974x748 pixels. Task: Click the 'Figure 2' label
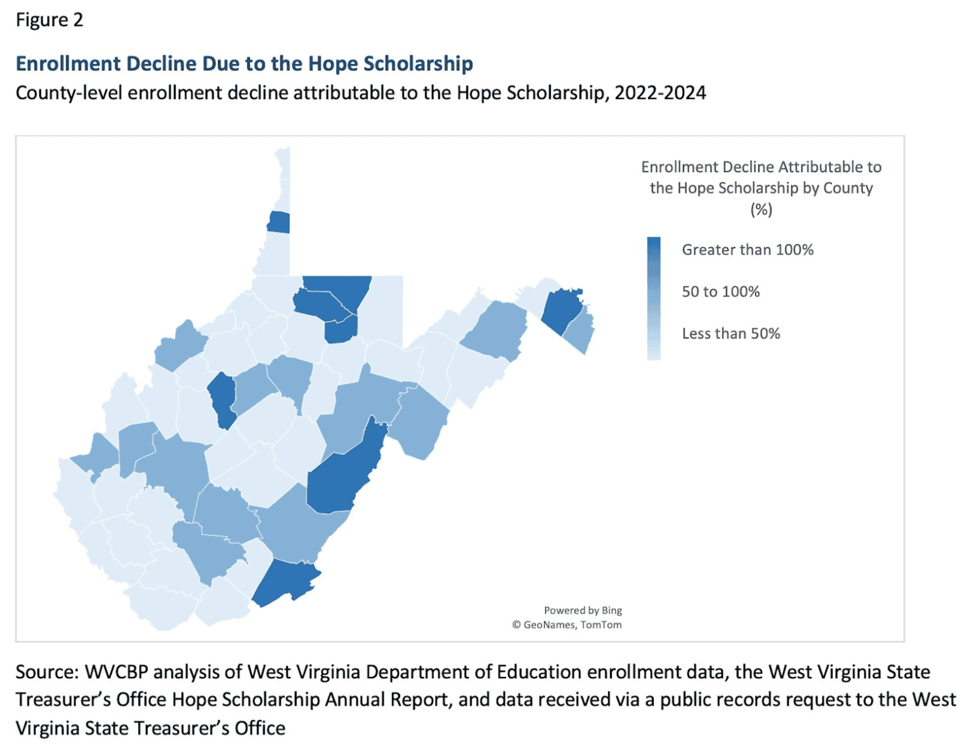[49, 20]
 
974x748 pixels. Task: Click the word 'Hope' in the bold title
[333, 63]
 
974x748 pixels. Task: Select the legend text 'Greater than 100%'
[747, 249]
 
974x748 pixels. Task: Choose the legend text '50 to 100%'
[720, 291]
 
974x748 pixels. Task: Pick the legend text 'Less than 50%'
[730, 333]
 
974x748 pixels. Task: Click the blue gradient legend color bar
[653, 298]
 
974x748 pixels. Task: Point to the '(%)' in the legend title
[761, 209]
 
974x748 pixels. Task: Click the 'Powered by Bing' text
[582, 610]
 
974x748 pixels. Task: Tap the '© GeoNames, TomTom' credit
[567, 625]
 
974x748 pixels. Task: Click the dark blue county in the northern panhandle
[279, 223]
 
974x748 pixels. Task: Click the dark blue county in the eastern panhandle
[561, 310]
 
